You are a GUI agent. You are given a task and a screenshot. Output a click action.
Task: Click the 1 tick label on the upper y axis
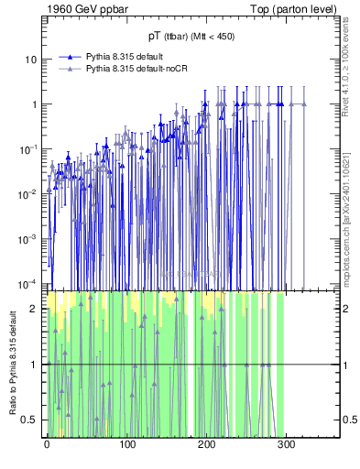[x=35, y=104]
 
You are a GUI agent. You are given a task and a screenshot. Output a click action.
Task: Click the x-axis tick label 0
[x=47, y=445]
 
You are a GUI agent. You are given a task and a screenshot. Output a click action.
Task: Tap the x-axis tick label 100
[x=126, y=445]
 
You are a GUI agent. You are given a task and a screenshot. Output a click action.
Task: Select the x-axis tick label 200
[x=206, y=445]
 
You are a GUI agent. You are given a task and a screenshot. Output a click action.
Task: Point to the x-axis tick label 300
[x=286, y=445]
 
